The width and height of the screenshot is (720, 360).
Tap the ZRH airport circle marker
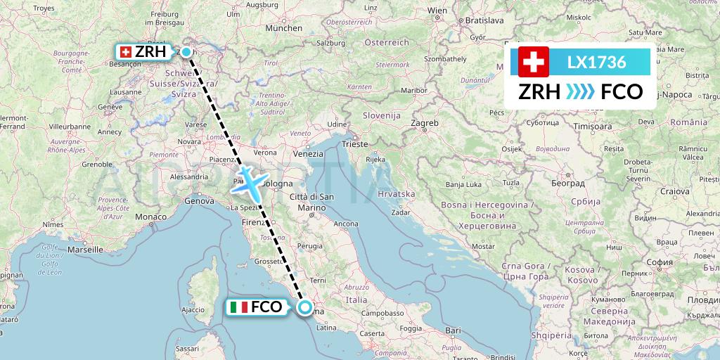click(x=186, y=51)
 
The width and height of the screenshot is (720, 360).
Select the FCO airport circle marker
click(x=305, y=307)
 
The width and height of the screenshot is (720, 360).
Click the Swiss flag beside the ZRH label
click(x=126, y=52)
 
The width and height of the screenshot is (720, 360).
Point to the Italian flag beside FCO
click(x=239, y=307)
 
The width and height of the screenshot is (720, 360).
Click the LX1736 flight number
click(x=596, y=63)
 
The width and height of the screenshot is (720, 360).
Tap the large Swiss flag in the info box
click(x=534, y=62)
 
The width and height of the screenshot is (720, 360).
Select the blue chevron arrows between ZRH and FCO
click(x=581, y=92)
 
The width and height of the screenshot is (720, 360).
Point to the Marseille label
click(x=86, y=249)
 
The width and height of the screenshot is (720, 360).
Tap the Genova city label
click(x=199, y=201)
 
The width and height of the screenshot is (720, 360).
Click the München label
click(x=284, y=28)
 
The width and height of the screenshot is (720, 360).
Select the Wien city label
click(x=437, y=11)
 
